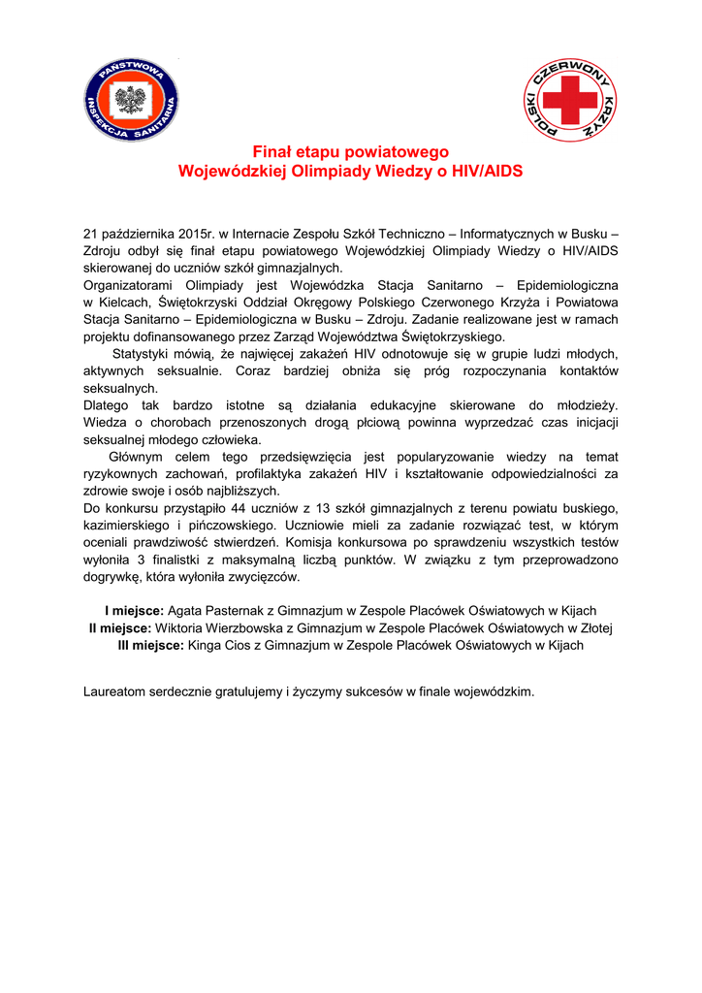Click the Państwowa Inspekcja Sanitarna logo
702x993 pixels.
click(130, 102)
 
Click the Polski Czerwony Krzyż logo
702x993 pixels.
click(570, 102)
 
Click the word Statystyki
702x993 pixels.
click(145, 353)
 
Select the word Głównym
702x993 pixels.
click(139, 456)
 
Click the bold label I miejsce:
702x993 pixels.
click(134, 611)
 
